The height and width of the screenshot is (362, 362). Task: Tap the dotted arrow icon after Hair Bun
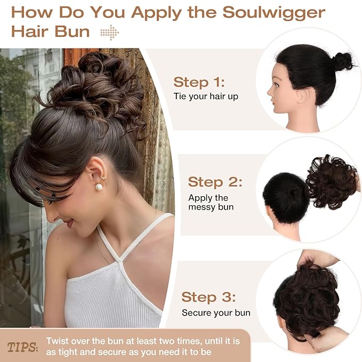pos(110,33)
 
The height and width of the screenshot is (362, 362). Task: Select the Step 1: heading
pos(199,82)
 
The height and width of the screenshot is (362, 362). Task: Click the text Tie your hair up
pos(206,96)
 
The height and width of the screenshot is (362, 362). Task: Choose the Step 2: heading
pos(215,181)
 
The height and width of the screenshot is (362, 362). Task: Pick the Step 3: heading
pos(208,297)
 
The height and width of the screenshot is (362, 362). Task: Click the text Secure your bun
pos(216,313)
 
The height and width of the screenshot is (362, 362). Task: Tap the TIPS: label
pos(22,347)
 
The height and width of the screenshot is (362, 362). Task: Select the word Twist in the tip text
pos(57,341)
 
